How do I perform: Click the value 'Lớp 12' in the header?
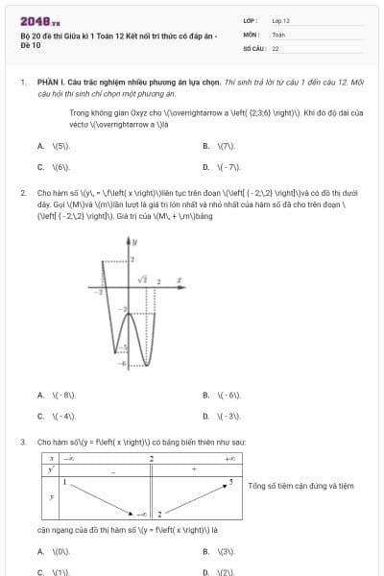281,20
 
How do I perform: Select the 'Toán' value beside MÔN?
278,34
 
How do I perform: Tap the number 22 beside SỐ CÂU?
276,47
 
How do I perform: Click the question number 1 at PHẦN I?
21,84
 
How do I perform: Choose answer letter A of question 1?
40,146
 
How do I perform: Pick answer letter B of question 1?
206,146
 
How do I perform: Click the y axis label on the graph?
135,241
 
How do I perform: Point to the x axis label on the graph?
180,281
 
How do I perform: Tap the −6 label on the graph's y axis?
121,365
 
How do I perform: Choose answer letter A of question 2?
40,395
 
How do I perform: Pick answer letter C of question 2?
40,416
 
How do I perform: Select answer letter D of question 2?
206,416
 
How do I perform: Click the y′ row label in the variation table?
51,470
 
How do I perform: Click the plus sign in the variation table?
194,470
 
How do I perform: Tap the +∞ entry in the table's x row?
230,460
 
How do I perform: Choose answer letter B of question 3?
206,551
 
